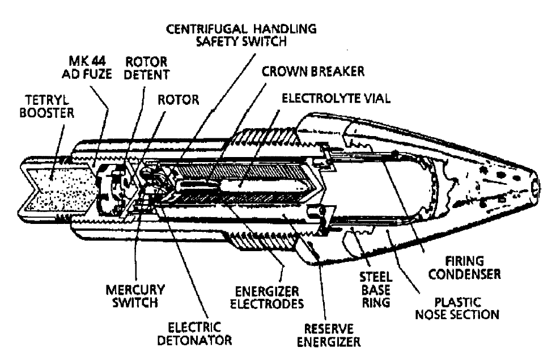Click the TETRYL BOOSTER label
pyautogui.click(x=46, y=107)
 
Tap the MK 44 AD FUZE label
pyautogui.click(x=87, y=67)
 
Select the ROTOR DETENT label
pyautogui.click(x=146, y=68)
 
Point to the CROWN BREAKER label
pyautogui.click(x=313, y=71)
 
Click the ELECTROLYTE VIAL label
pyautogui.click(x=336, y=98)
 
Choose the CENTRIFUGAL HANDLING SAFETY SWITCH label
pyautogui.click(x=241, y=35)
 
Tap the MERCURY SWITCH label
pyautogui.click(x=135, y=296)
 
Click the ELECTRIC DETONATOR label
pyautogui.click(x=194, y=334)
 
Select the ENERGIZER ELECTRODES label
pyautogui.click(x=267, y=298)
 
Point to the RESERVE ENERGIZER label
pyautogui.click(x=329, y=335)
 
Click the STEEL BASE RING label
pyautogui.click(x=376, y=290)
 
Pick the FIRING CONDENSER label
pyautogui.click(x=465, y=268)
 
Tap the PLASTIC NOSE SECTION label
pyautogui.click(x=457, y=308)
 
